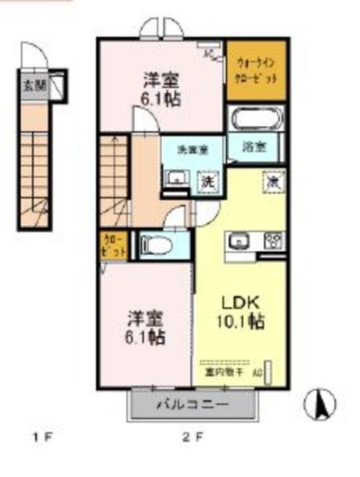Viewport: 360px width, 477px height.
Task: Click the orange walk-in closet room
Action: click(x=256, y=72)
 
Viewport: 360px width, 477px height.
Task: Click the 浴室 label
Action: click(x=255, y=147)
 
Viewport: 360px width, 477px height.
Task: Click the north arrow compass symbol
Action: click(x=321, y=404)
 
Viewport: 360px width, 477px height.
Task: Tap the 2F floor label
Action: click(x=192, y=436)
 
